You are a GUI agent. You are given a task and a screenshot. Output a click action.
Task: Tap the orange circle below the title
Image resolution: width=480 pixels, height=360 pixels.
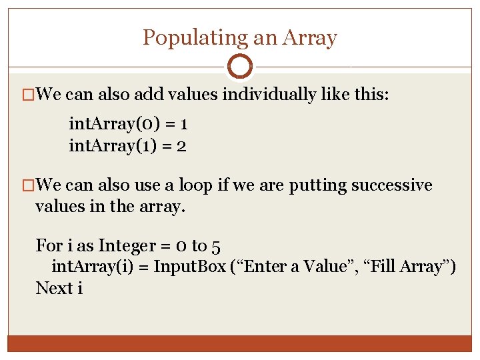240,67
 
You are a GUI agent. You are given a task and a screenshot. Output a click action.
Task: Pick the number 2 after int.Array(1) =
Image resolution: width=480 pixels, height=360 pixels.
181,145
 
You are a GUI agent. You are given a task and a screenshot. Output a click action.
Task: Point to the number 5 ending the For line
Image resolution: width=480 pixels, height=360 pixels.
215,245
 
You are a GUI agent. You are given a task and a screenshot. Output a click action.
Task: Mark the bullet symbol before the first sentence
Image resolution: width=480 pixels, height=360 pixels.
28,95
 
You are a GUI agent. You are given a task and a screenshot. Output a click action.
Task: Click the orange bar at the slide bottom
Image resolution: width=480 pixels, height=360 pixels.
240,343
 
